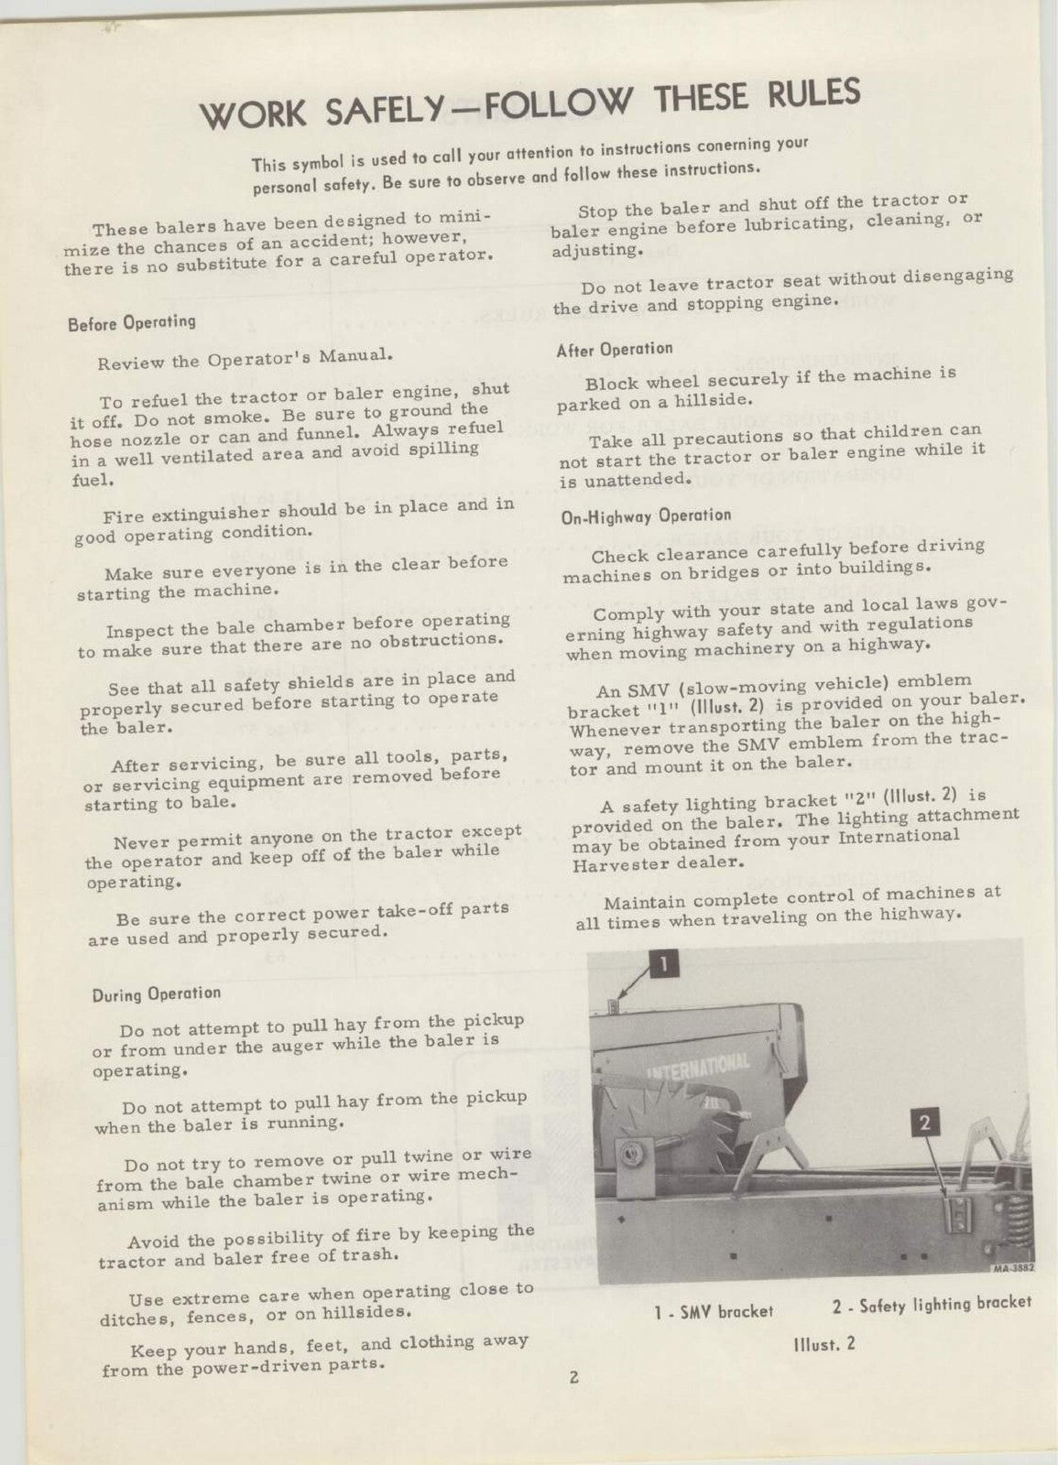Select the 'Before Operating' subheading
pyautogui.click(x=132, y=322)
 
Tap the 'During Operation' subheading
pyautogui.click(x=157, y=993)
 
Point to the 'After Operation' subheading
pyautogui.click(x=615, y=349)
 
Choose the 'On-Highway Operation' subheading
pyautogui.click(x=646, y=515)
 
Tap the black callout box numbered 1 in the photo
pyautogui.click(x=665, y=962)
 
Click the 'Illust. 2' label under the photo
pyautogui.click(x=824, y=1345)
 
